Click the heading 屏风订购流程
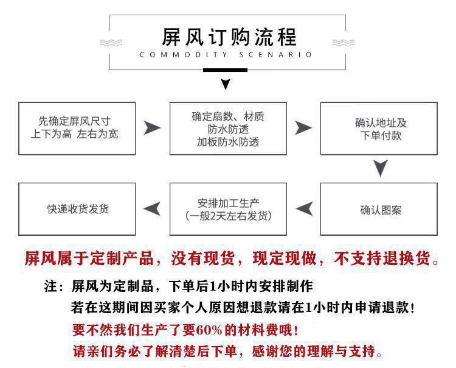(228, 37)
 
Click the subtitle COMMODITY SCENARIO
(226, 55)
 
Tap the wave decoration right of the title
(344, 43)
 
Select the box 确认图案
(378, 210)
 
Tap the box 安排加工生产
(227, 210)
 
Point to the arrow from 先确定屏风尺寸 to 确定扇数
(152, 127)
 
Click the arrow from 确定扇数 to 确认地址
(303, 127)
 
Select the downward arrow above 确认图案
(380, 168)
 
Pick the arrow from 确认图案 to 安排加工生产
(304, 208)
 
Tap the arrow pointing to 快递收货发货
(152, 208)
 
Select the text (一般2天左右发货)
(227, 216)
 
